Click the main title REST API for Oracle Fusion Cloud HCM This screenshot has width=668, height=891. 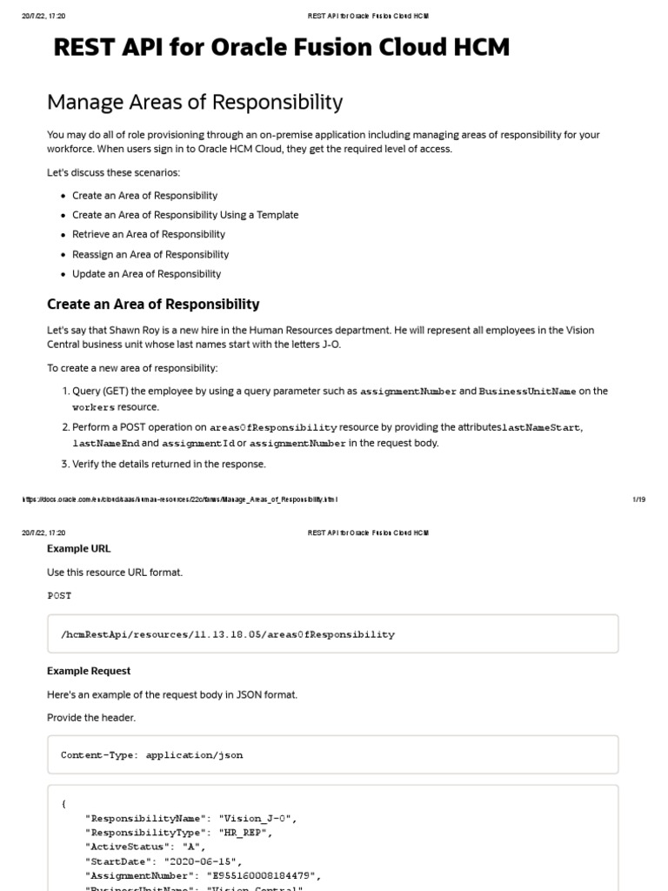[x=281, y=48]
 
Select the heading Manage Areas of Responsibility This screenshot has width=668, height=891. [x=195, y=103]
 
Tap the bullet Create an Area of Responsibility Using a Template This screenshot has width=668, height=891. [x=185, y=215]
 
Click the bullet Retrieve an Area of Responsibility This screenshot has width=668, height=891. [x=149, y=235]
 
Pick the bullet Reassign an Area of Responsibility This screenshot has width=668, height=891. [x=150, y=255]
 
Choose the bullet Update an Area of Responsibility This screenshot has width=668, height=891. [x=147, y=274]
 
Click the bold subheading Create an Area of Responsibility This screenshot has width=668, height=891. [x=153, y=305]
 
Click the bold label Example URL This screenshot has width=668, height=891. [x=78, y=549]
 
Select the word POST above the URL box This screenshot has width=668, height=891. [x=59, y=596]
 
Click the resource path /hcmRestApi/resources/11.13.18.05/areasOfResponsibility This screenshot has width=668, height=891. [x=227, y=634]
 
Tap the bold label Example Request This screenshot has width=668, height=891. [x=89, y=672]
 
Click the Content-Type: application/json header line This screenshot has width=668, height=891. [x=151, y=755]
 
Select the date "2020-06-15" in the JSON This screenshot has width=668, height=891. [x=198, y=861]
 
